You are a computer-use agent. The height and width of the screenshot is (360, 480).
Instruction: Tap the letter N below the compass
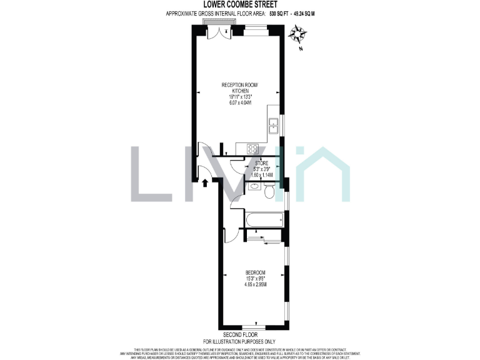point(301,49)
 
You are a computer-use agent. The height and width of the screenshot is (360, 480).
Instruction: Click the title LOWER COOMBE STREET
point(240,4)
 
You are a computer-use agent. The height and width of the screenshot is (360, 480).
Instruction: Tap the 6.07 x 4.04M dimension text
point(239,102)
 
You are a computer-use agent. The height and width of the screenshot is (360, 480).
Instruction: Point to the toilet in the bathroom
point(269,192)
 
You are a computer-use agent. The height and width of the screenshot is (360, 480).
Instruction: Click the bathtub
point(263,220)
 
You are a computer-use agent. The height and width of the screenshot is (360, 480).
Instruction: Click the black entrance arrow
point(205,182)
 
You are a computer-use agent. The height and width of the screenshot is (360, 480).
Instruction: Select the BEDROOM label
point(256,272)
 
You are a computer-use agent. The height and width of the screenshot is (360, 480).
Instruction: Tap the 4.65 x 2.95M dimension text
point(256,285)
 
